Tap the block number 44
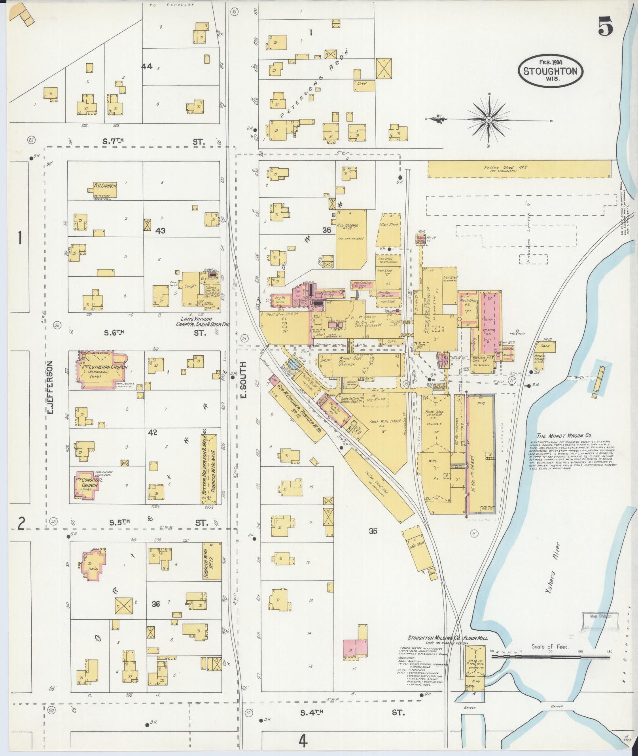coord(146,66)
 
